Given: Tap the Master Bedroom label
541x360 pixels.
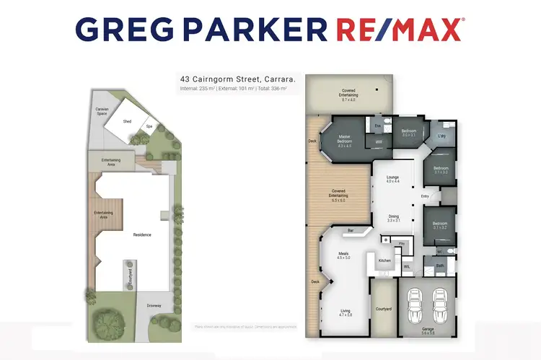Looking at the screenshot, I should (x=344, y=141).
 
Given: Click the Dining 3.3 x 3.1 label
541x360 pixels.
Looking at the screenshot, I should (x=393, y=219).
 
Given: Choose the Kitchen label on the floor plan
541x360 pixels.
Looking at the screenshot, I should (x=384, y=260).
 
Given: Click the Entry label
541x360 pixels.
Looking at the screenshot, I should (x=425, y=196).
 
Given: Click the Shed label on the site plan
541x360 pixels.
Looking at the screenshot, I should (x=128, y=122).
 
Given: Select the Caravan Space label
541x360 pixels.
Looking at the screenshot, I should (x=102, y=112).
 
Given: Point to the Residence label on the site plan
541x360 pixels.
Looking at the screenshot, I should (x=141, y=235).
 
